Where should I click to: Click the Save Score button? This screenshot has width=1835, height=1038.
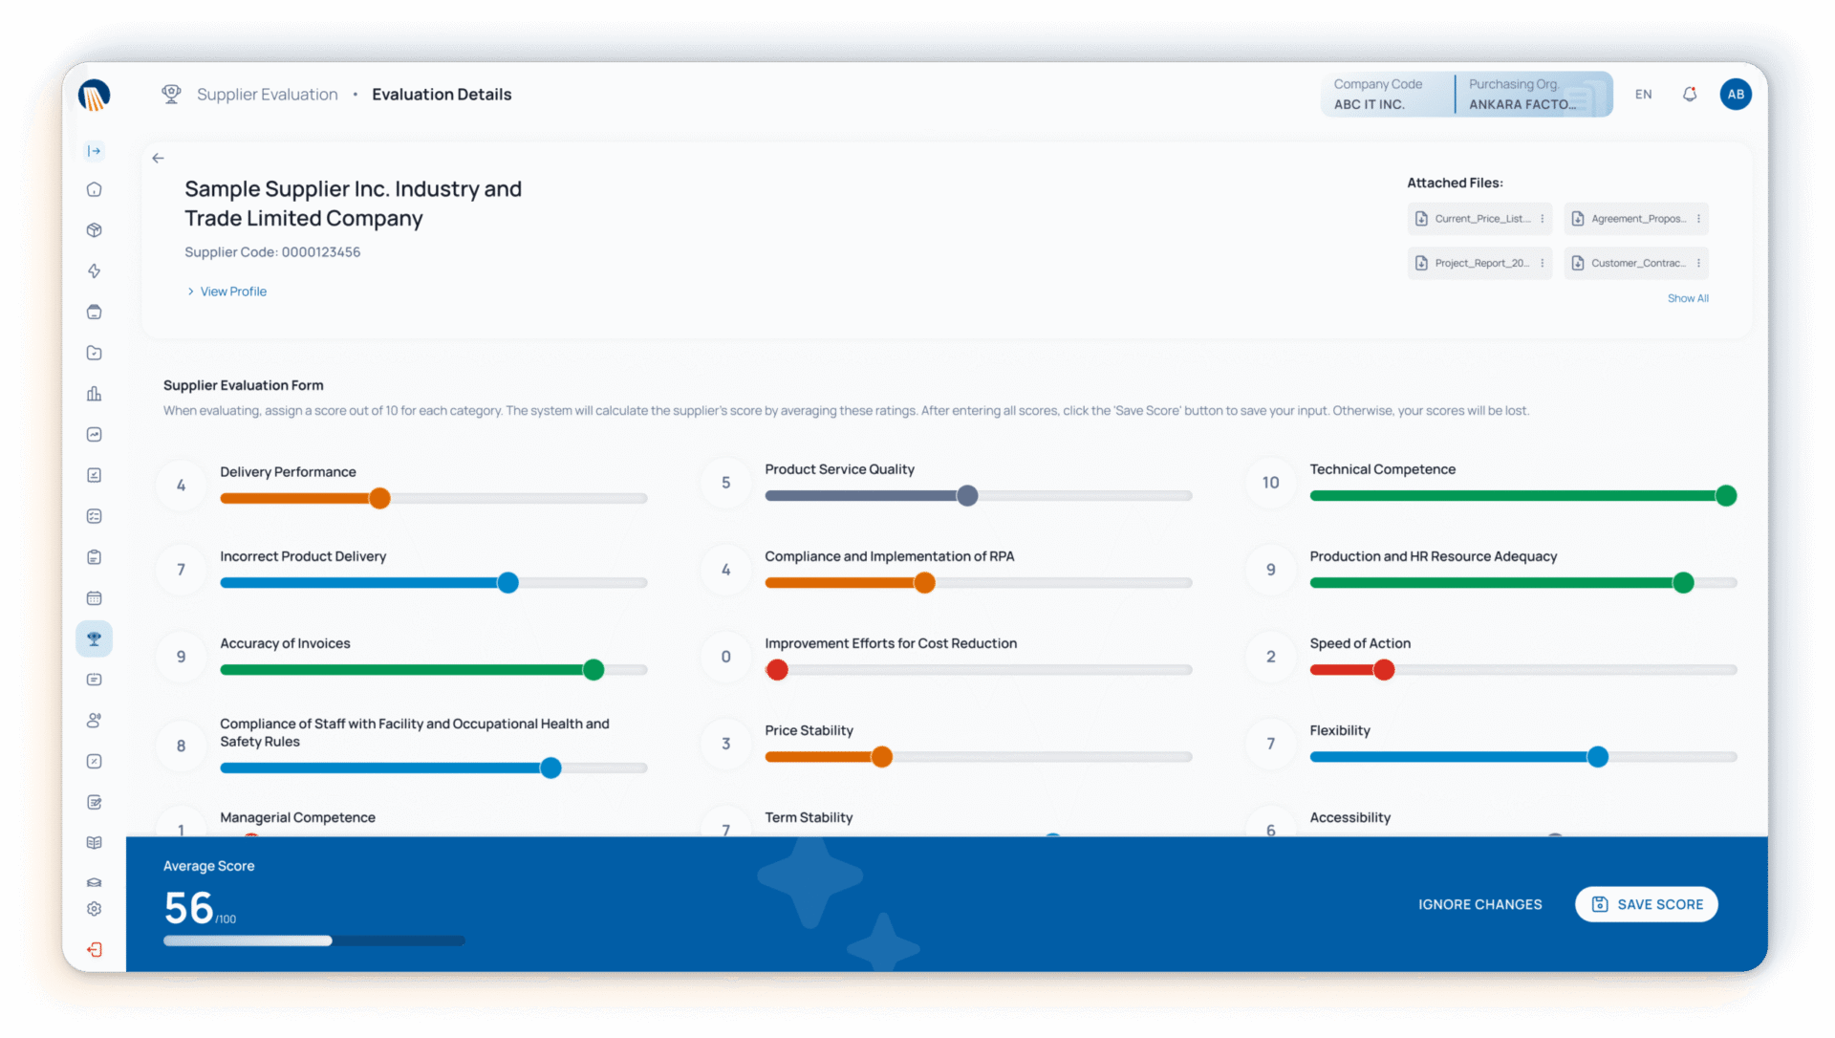point(1646,904)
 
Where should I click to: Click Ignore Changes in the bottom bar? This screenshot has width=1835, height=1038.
point(1479,904)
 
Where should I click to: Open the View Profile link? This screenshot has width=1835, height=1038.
point(232,292)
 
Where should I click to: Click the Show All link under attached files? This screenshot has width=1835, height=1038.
point(1688,298)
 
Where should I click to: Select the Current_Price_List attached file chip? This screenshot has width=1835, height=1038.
point(1479,219)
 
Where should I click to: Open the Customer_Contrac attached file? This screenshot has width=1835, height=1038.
point(1635,263)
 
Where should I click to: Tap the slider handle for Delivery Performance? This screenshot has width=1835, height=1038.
point(379,498)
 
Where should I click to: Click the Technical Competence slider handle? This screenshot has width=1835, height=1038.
point(1725,495)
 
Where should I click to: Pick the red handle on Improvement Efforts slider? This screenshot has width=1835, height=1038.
point(777,670)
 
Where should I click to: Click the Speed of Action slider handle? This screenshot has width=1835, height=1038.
point(1383,670)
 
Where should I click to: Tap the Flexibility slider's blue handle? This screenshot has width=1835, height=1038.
point(1597,757)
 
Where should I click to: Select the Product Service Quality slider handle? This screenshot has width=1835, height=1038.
point(967,495)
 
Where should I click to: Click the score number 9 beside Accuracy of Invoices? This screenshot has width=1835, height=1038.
point(182,657)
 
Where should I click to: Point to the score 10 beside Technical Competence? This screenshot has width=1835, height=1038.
point(1270,483)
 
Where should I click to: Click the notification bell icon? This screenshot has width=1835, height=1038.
point(1690,94)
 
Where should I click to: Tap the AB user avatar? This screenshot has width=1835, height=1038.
point(1736,94)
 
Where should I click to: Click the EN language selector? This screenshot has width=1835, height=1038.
point(1643,94)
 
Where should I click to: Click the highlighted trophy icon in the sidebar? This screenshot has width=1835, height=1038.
point(94,638)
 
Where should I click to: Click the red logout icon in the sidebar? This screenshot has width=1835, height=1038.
point(94,949)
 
